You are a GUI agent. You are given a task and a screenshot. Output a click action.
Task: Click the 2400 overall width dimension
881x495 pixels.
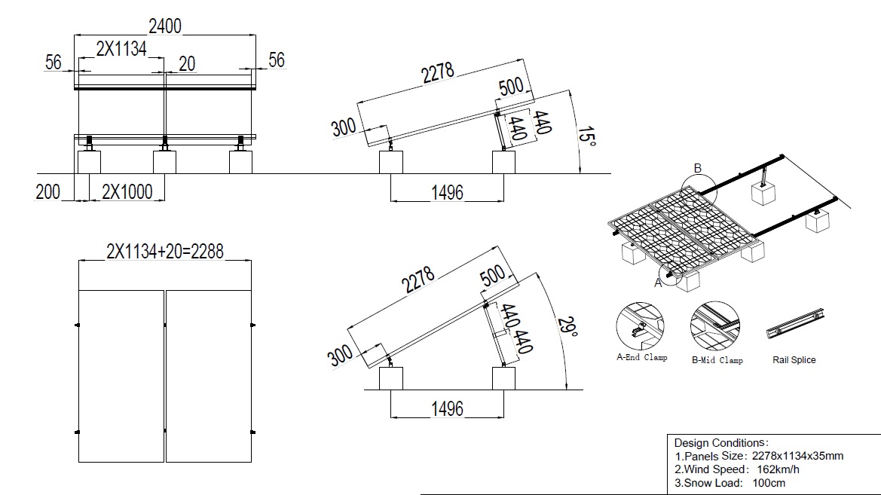[164, 26]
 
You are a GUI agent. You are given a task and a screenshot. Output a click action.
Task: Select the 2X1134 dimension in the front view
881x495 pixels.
[121, 49]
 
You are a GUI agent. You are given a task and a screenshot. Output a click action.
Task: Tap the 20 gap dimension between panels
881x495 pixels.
[187, 63]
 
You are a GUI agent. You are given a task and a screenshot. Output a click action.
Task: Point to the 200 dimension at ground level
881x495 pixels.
[47, 191]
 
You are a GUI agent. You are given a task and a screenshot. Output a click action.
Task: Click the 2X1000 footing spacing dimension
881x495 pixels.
[127, 191]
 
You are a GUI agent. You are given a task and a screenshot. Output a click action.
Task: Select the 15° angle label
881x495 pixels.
[587, 136]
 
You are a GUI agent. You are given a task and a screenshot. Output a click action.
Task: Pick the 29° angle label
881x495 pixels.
[567, 328]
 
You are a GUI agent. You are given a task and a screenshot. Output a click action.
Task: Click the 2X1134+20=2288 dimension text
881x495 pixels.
[165, 251]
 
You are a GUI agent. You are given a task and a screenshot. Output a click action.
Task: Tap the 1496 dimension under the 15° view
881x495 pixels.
[447, 193]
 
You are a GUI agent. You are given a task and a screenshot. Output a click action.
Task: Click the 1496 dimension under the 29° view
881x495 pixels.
[447, 408]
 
